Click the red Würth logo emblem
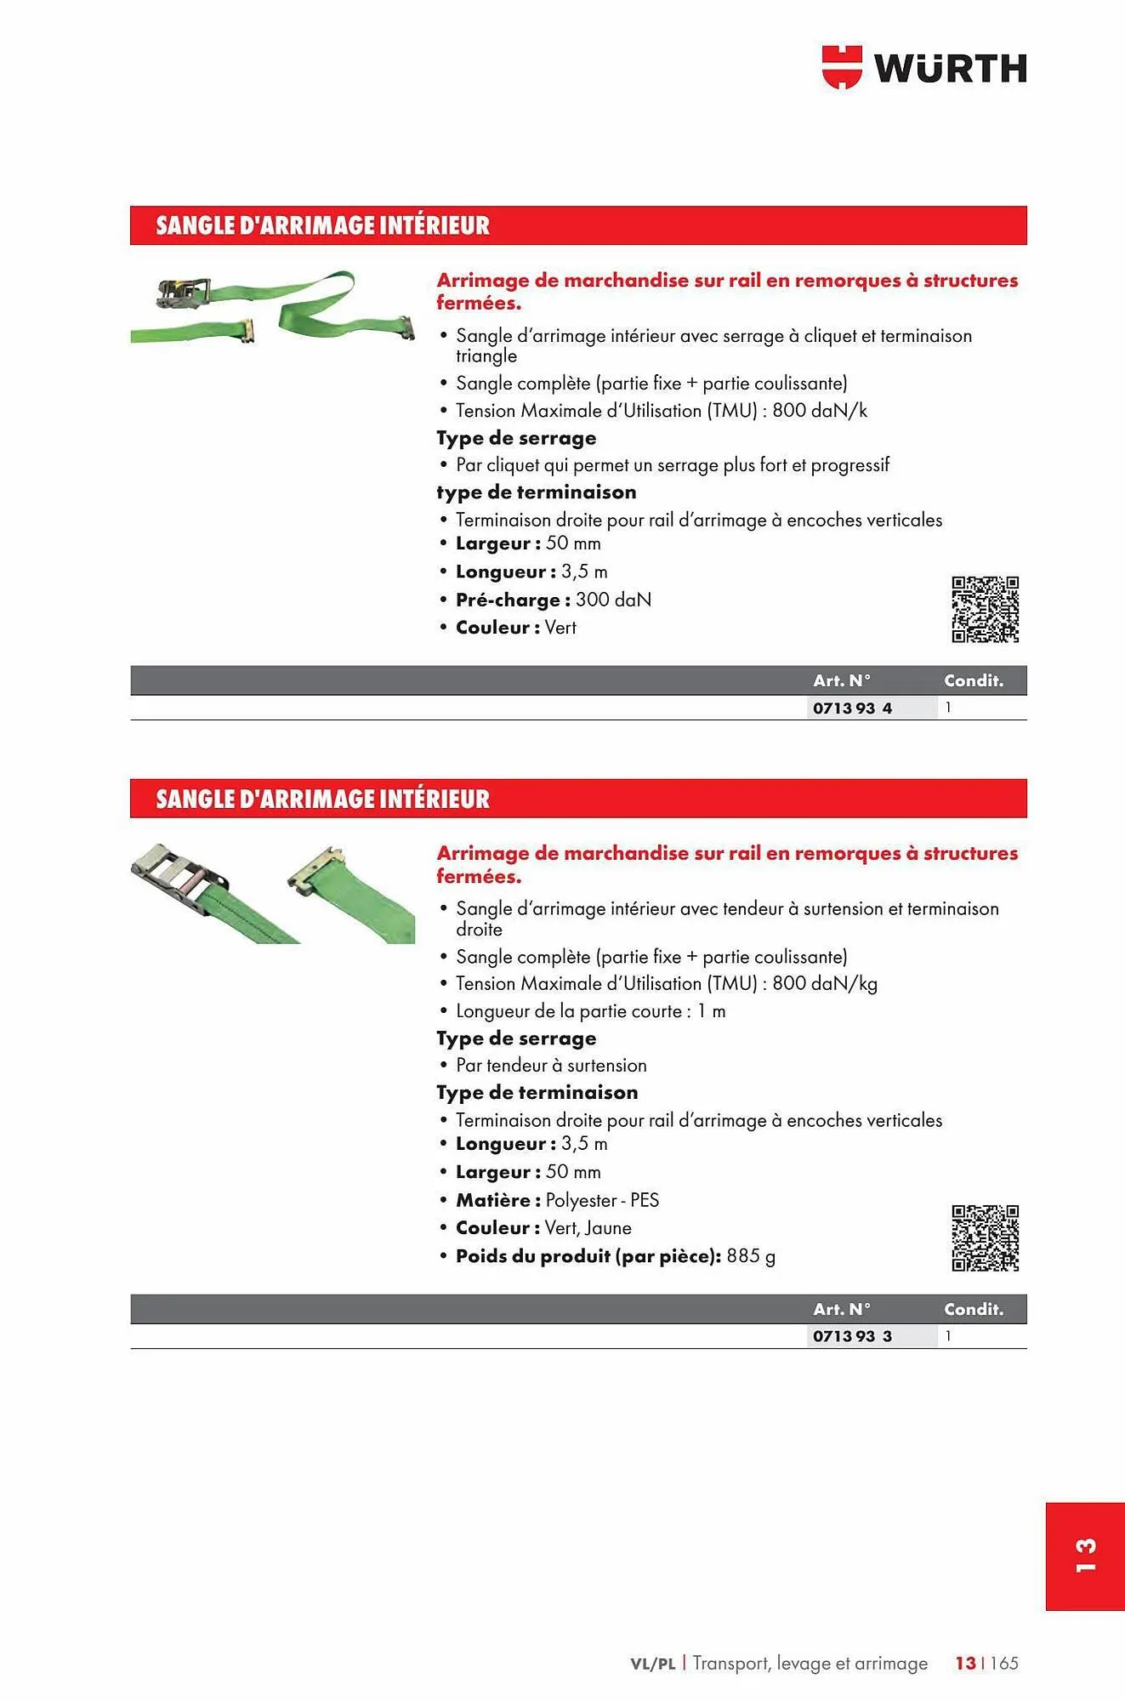(842, 67)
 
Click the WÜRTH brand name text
(951, 69)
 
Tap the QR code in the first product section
(985, 609)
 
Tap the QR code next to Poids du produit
(985, 1237)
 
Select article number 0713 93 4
(852, 708)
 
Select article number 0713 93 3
(852, 1336)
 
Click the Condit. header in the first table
(973, 680)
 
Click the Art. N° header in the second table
(841, 1309)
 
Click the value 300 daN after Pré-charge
(613, 600)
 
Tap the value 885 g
(750, 1256)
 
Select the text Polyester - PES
(602, 1200)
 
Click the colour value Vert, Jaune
(588, 1228)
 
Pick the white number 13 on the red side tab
(1085, 1556)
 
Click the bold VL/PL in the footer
(652, 1664)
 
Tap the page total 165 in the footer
(1004, 1663)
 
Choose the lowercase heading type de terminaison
(536, 492)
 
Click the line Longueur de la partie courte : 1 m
(590, 1011)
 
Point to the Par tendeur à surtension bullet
(551, 1066)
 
